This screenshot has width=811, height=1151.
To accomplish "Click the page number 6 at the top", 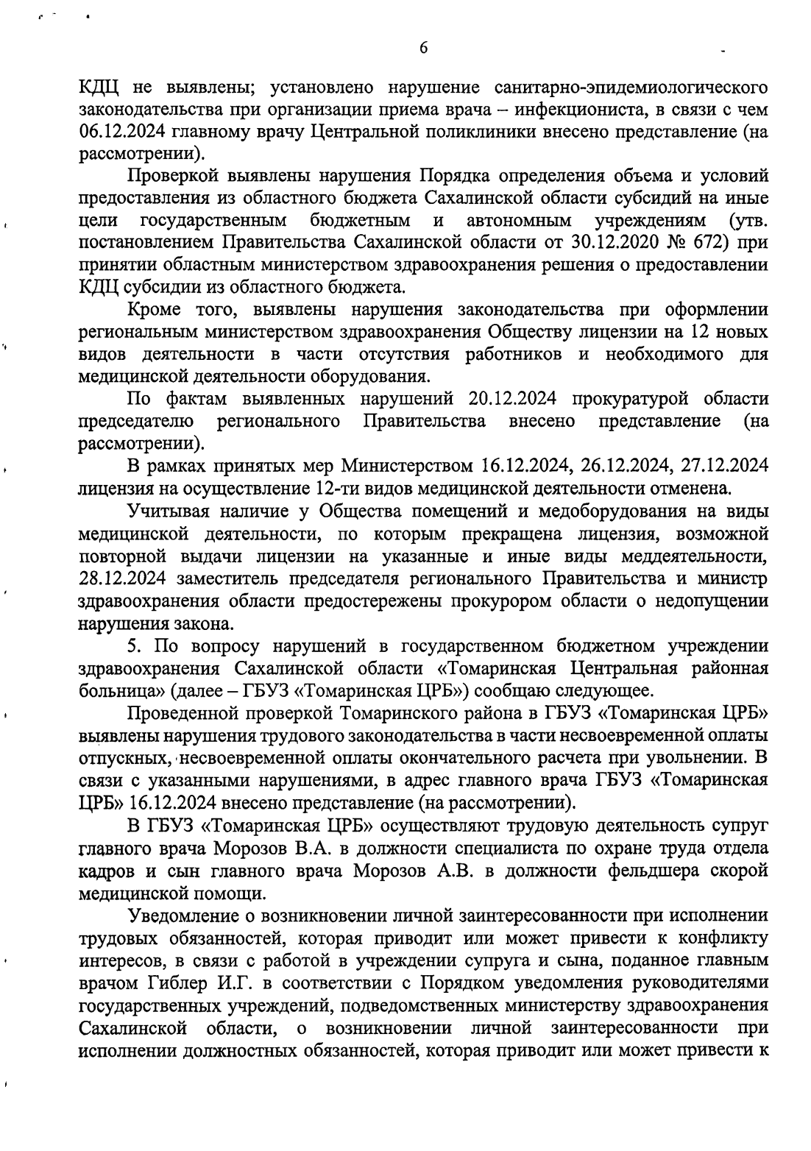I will [423, 48].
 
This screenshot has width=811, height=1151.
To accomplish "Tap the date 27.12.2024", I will [724, 466].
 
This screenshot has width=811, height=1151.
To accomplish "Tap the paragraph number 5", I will [132, 646].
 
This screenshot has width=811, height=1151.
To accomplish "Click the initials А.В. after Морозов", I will [455, 871].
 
